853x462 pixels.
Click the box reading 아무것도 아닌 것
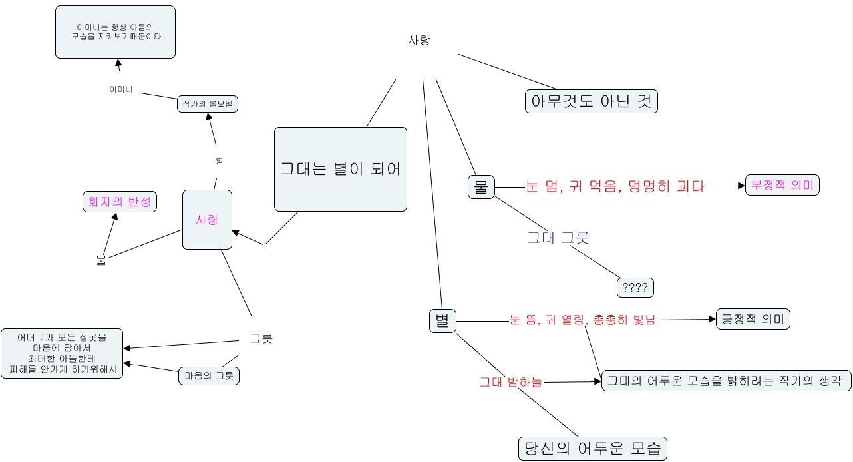coord(591,101)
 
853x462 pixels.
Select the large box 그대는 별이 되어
coord(340,169)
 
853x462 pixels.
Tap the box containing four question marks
coord(635,288)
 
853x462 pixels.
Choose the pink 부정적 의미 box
coord(782,186)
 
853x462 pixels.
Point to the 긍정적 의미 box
coord(753,319)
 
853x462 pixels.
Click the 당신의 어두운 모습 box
coord(592,448)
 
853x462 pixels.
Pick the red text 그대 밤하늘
coord(511,382)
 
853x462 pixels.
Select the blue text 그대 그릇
coord(558,237)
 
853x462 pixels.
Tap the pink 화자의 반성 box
coord(119,202)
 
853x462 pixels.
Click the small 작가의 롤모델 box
coord(208,104)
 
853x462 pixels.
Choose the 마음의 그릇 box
coord(208,376)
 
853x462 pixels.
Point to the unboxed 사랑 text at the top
coord(419,40)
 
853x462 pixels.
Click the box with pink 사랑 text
coord(207,220)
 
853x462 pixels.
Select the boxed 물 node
coord(481,187)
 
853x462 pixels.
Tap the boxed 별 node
coord(442,321)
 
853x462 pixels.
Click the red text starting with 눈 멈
coord(615,187)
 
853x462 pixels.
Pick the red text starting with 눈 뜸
coord(583,320)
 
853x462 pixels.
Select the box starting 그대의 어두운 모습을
coord(726,381)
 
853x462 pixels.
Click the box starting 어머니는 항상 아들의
coord(115,31)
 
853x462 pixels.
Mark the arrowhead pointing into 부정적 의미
coord(742,186)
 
